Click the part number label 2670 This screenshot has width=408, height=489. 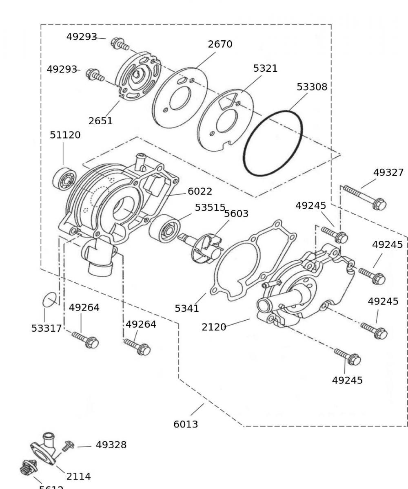point(220,44)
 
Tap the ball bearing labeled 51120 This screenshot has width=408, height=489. point(65,178)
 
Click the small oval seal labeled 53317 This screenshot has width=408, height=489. point(50,301)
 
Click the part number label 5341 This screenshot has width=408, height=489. point(187,308)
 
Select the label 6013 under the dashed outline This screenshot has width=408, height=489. point(186,424)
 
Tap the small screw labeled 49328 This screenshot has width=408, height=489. point(67,446)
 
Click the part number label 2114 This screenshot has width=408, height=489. point(78,476)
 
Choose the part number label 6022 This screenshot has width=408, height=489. point(200,191)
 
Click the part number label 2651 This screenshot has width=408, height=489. point(100,121)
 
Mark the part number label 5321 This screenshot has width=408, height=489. point(265,68)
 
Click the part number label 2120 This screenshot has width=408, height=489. point(214,327)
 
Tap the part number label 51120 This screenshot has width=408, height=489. point(65,135)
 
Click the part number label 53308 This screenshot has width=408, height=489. point(312,87)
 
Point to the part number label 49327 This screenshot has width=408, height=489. point(388,172)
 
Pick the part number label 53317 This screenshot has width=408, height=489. point(46,328)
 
